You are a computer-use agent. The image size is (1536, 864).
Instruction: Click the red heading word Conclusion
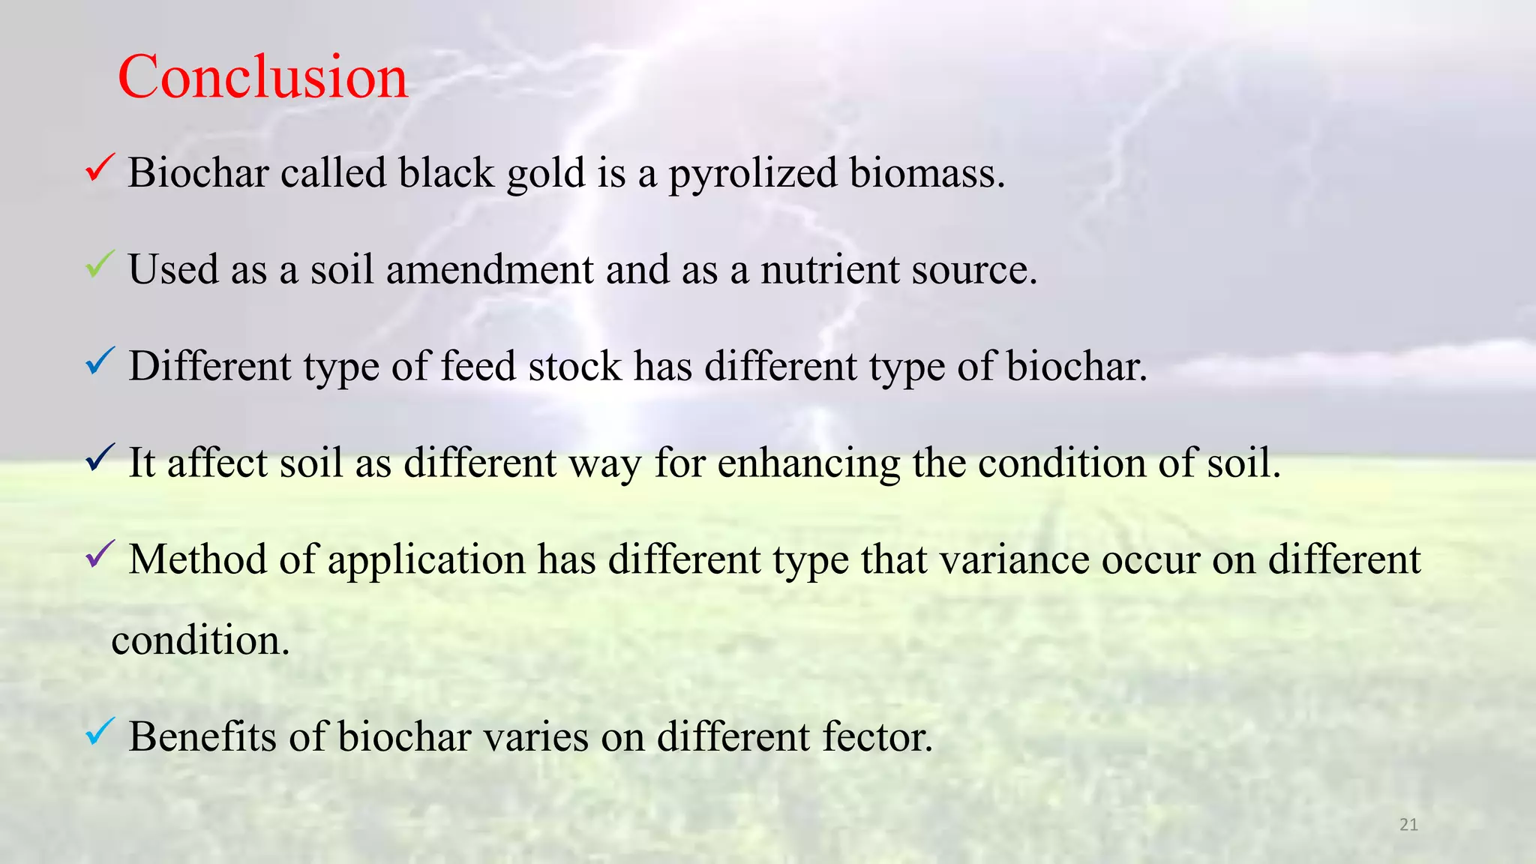coord(262,77)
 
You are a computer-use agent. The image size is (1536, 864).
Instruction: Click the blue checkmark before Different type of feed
coord(100,361)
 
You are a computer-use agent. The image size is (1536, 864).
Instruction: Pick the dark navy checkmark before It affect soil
coord(100,457)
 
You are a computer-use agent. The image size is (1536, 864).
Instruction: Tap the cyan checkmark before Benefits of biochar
coord(100,730)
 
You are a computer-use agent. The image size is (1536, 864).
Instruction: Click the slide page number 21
coord(1408,825)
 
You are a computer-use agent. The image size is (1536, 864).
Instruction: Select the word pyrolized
coord(752,173)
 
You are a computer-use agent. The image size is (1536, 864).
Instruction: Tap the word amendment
coord(490,269)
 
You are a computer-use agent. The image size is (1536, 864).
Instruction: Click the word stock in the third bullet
coord(574,367)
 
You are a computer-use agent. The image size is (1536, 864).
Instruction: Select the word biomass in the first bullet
coord(927,173)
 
